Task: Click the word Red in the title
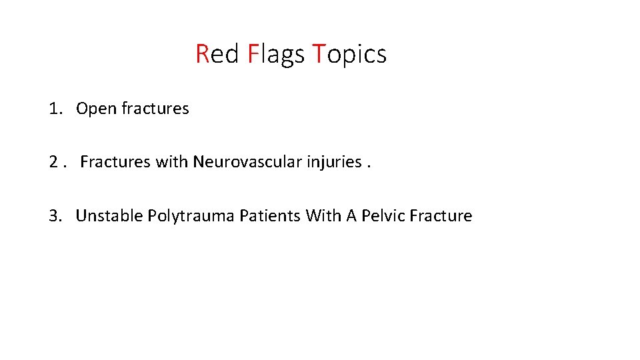point(217,54)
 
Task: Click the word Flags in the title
point(275,54)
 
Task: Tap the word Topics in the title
point(349,54)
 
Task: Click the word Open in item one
point(97,109)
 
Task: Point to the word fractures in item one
point(155,109)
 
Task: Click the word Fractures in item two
point(115,162)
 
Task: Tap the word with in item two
point(172,162)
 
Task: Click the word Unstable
point(109,216)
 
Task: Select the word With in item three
point(323,216)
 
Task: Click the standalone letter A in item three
point(351,216)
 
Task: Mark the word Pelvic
point(383,216)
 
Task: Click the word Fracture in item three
point(441,216)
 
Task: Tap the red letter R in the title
point(203,54)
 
